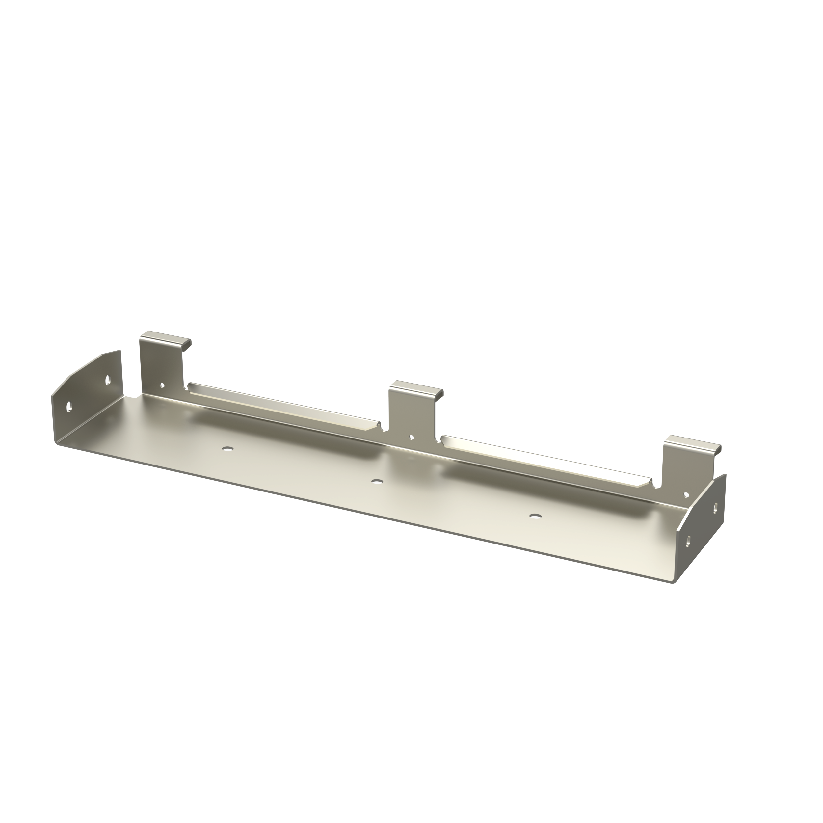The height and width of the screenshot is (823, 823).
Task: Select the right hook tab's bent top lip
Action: pyautogui.click(x=694, y=442)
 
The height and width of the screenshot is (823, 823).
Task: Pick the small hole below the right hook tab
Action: pyautogui.click(x=686, y=494)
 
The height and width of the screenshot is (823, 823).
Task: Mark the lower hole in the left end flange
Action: pyautogui.click(x=68, y=406)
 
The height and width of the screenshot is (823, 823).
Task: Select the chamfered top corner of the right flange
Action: pyautogui.click(x=705, y=491)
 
